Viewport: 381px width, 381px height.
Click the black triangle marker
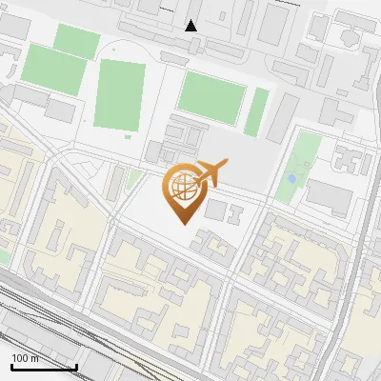point(191,25)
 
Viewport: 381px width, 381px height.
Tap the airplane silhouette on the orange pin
point(208,173)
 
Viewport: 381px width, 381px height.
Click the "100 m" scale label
point(26,358)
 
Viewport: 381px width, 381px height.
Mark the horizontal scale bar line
point(44,368)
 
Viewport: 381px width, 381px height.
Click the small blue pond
point(291,178)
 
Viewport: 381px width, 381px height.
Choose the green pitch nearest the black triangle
point(211,96)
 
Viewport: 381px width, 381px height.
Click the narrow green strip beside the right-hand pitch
point(257,111)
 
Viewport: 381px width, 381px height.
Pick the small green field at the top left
point(76,41)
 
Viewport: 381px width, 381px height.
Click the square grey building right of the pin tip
point(216,208)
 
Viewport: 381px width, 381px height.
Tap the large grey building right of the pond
point(330,197)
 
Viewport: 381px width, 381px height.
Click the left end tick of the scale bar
point(11,366)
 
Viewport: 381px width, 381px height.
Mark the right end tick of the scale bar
point(76,366)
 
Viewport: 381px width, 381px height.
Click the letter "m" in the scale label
point(34,358)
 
